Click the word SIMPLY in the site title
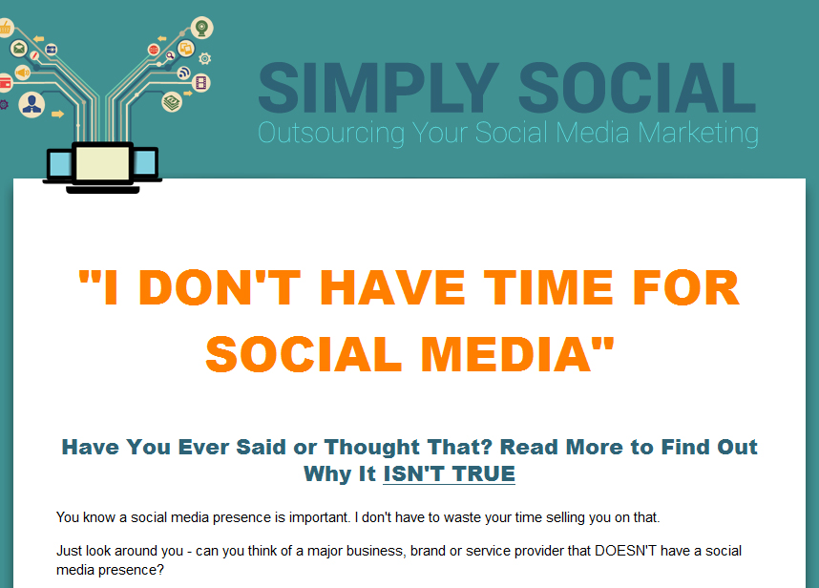point(379,88)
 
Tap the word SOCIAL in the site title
point(637,88)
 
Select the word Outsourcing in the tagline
point(331,134)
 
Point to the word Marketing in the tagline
point(699,134)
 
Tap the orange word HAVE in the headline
point(392,287)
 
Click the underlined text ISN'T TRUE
point(450,474)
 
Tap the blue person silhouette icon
point(31,104)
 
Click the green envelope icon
point(19,49)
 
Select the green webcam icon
point(201,27)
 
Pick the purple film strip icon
point(201,82)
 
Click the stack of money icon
point(172,102)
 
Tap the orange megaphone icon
point(23,73)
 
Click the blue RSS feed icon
point(184,73)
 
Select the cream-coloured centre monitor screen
point(103,163)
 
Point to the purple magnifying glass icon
point(170,55)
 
